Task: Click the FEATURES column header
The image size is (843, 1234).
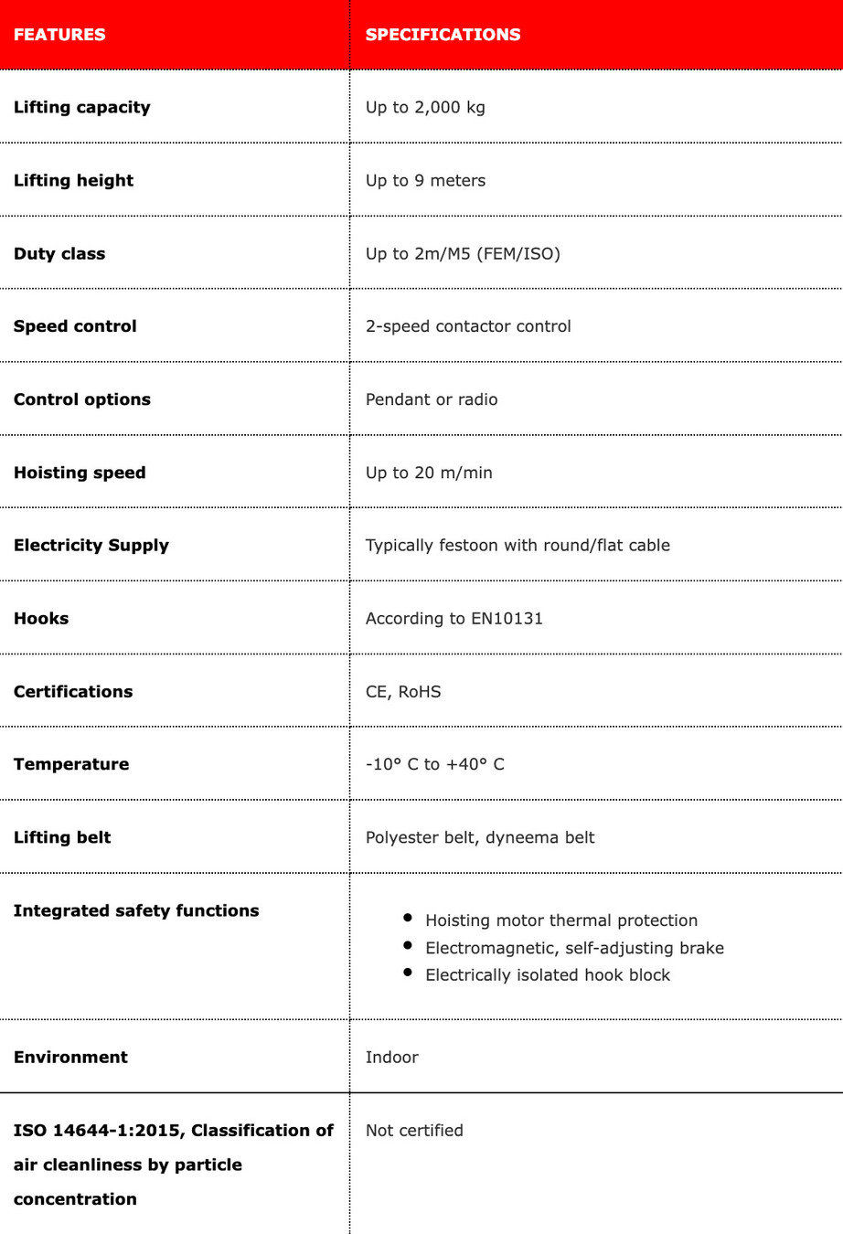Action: point(59,35)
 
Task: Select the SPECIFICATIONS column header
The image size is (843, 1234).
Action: point(443,35)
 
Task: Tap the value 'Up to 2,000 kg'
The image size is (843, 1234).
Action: point(425,107)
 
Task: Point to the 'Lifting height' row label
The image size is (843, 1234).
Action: point(73,180)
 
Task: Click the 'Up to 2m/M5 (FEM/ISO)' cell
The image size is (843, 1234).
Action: point(463,253)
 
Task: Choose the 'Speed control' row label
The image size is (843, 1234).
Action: point(75,326)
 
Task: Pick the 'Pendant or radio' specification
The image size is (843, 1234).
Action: point(432,399)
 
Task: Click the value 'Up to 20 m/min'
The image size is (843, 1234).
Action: point(429,473)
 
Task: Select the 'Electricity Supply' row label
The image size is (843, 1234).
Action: point(91,545)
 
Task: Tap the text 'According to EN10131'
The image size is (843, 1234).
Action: point(454,618)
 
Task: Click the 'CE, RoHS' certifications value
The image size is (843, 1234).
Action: point(403,691)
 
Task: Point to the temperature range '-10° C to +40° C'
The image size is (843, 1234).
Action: point(435,764)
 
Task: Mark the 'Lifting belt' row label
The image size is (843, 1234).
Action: point(62,837)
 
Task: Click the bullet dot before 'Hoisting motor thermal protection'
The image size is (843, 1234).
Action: point(408,917)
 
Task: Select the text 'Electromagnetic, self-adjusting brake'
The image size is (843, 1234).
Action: point(574,948)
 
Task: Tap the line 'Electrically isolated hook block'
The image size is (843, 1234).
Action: point(548,975)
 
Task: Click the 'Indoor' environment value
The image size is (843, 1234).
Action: point(392,1057)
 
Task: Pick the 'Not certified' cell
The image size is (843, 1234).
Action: point(414,1130)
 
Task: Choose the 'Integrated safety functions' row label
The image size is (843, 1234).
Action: point(136,910)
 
